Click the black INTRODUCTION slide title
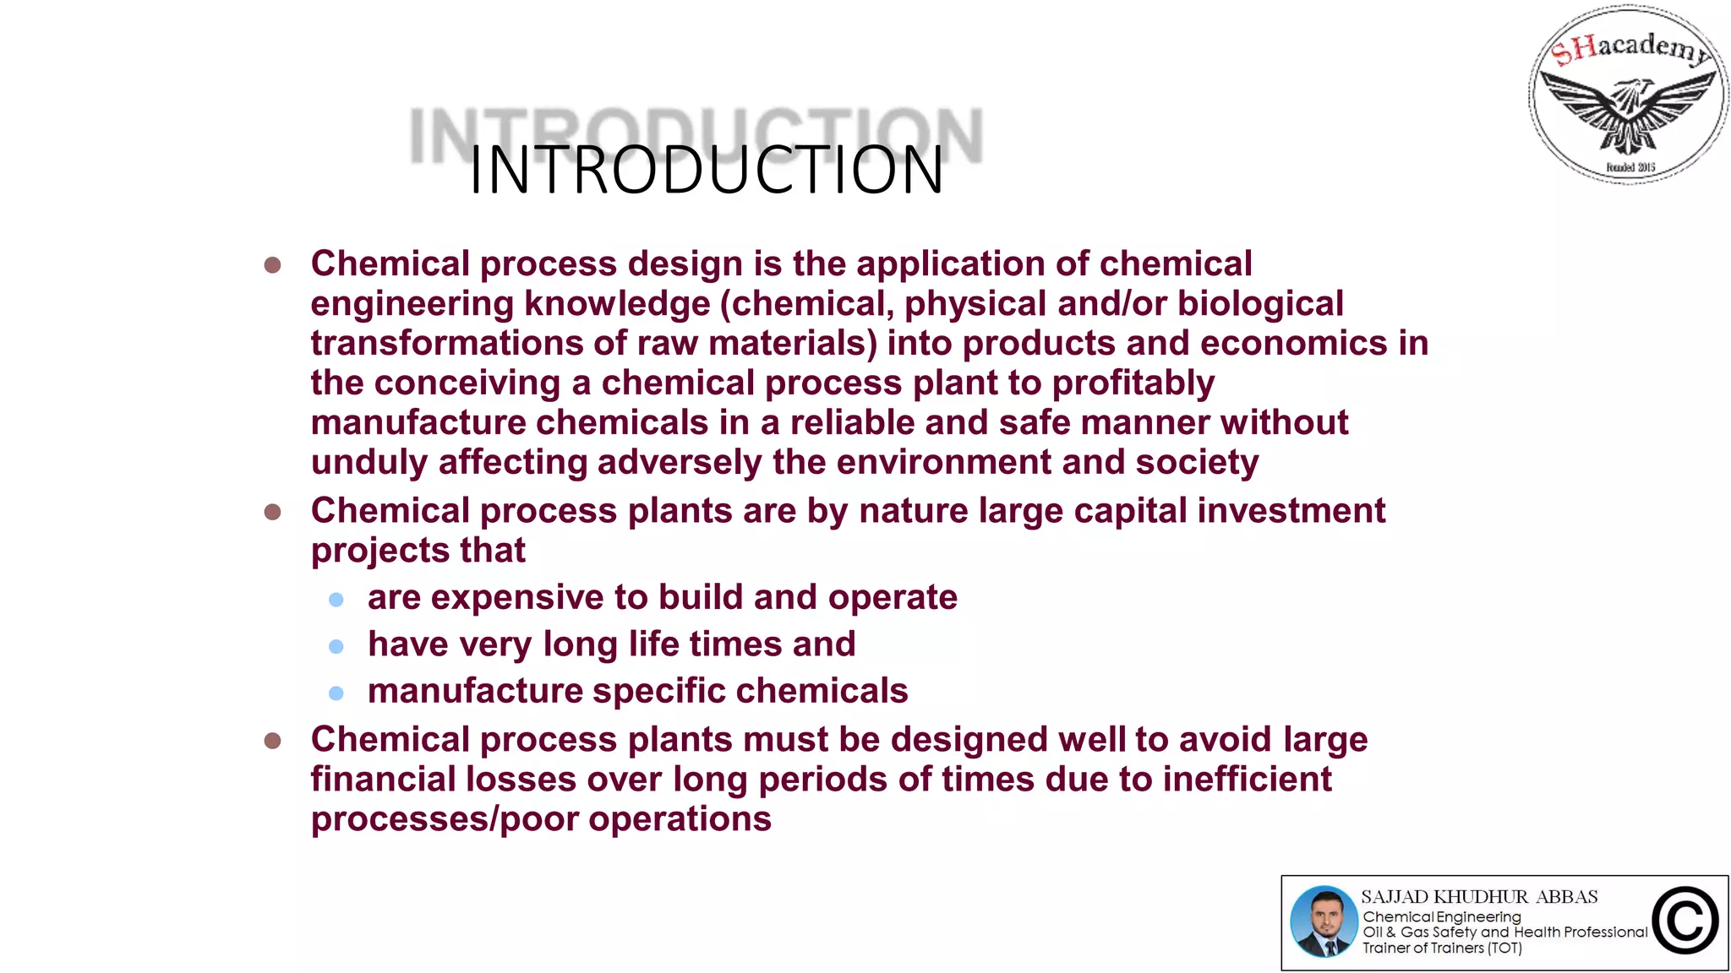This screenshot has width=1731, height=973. coord(706,171)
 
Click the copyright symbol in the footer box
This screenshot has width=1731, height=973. coord(1685,921)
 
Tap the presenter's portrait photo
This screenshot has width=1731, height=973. coord(1324,921)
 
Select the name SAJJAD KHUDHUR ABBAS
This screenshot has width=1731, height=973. coord(1479,897)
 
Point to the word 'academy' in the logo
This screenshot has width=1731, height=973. coord(1652,46)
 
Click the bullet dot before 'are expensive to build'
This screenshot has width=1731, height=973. coord(336,600)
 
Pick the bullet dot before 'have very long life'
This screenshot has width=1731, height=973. coord(336,647)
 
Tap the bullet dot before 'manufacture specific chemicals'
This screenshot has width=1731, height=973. coord(336,693)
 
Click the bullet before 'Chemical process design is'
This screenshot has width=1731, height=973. coord(272,265)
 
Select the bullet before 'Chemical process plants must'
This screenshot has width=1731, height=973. coord(272,741)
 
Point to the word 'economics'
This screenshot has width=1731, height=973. coord(1293,344)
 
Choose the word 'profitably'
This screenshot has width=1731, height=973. coord(1133,383)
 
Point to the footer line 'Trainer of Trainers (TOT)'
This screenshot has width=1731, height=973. coord(1442,949)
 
